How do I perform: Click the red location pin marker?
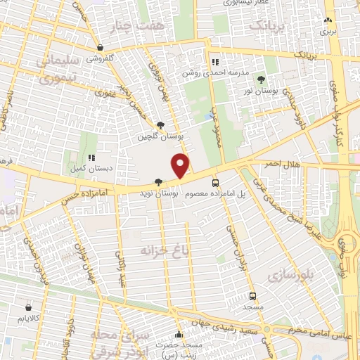point(181,165)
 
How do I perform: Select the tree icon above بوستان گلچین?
point(160,124)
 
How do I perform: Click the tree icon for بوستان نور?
point(262,79)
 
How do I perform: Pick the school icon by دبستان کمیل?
point(91,157)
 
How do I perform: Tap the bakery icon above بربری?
point(328,20)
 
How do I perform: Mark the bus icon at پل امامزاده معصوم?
point(215,182)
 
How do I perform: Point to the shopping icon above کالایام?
point(28,307)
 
